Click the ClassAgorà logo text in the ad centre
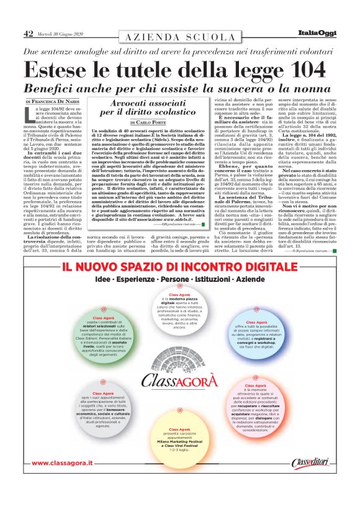180,378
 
